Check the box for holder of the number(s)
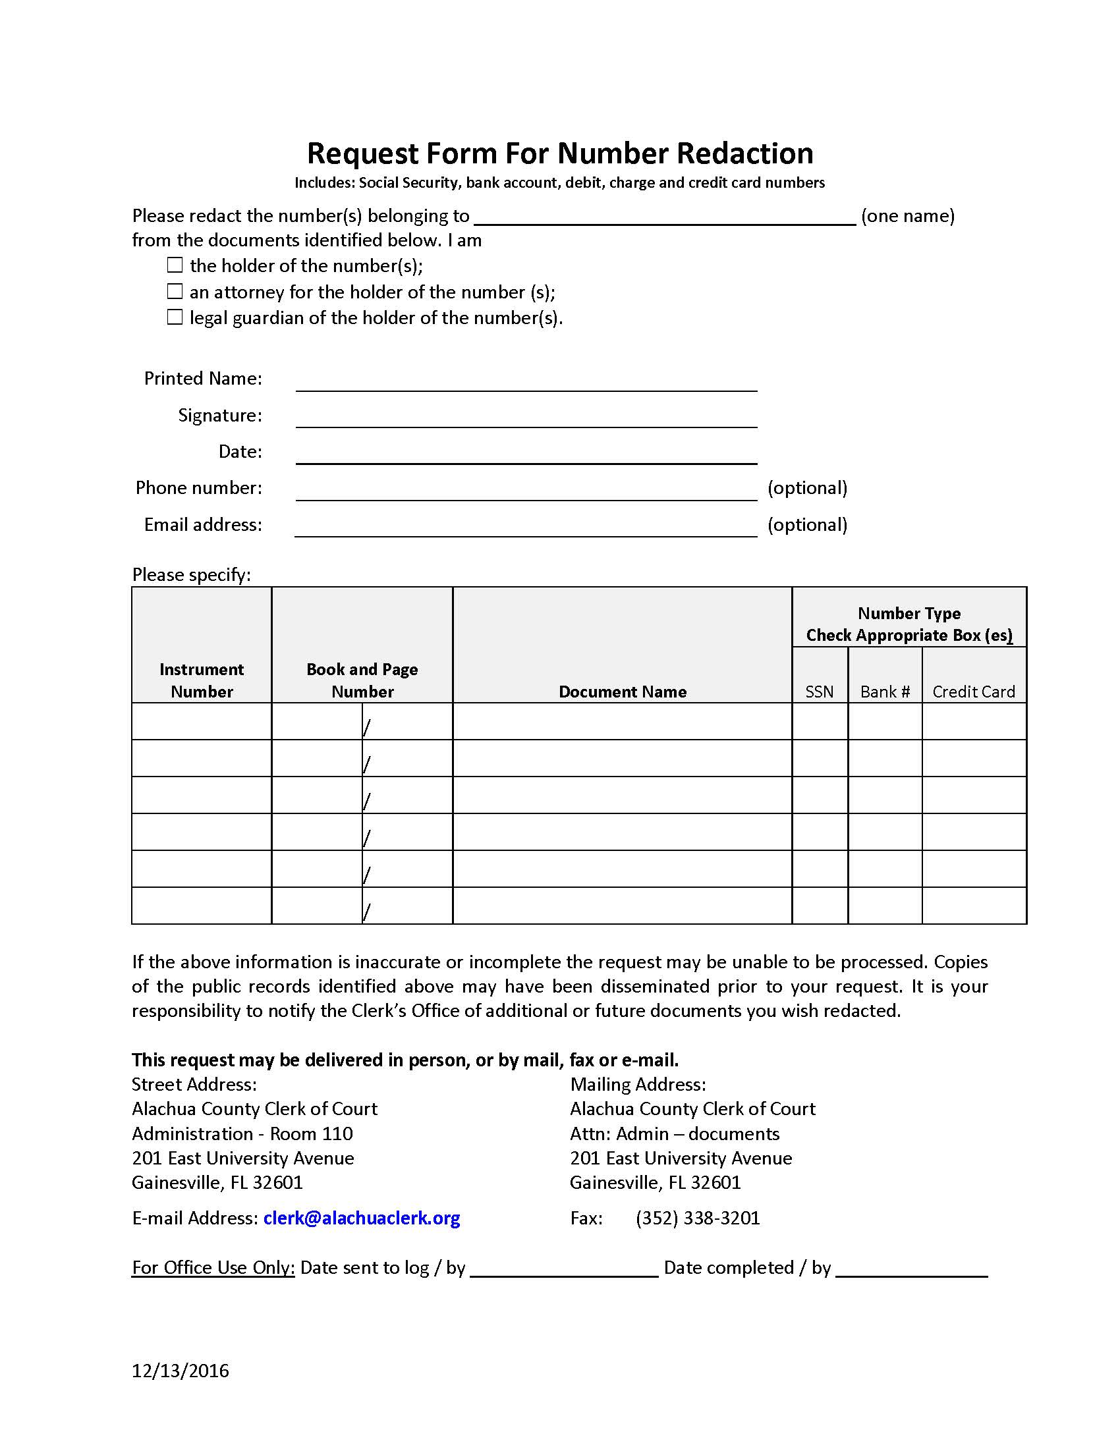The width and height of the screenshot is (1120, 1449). point(175,265)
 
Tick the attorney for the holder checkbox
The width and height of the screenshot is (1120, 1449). point(175,291)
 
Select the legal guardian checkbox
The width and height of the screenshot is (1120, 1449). point(175,317)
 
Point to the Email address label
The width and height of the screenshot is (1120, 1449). point(203,524)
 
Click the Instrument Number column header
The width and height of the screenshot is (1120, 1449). point(202,680)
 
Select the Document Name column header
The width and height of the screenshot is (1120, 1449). point(623,692)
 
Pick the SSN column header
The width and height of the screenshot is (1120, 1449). point(819,692)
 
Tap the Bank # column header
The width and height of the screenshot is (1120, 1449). point(884,692)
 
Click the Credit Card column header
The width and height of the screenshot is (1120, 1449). point(973,692)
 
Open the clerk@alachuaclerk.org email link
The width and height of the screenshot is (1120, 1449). point(362,1218)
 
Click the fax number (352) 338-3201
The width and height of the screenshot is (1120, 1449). point(697,1218)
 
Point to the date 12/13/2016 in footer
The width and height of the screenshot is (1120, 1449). point(181,1371)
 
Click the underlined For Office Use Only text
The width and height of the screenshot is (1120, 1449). point(213,1267)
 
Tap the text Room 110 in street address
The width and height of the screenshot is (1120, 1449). point(311,1134)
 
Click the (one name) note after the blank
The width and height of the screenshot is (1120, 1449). point(908,215)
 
